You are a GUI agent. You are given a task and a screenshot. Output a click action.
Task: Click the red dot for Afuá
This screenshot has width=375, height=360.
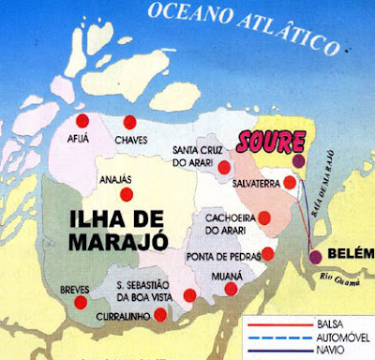82,121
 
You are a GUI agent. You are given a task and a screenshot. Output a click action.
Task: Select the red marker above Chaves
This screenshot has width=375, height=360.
128,122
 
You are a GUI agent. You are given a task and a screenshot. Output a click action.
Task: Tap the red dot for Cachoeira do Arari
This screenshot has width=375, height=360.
265,218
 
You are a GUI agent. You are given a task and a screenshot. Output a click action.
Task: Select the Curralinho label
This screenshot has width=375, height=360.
123,318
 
